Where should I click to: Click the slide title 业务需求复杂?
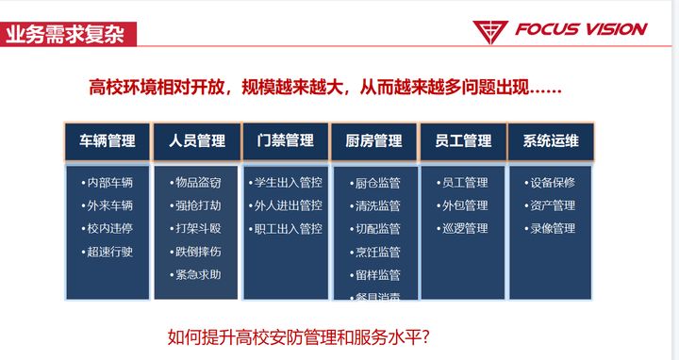[68, 36]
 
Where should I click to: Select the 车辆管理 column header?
[108, 141]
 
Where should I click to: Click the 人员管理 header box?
[197, 141]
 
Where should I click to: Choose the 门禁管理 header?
[285, 141]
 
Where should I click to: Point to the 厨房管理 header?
[373, 141]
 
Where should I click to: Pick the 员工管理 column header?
[462, 141]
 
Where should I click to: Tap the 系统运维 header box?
[551, 141]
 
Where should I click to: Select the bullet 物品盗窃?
[197, 183]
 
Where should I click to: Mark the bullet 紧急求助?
[197, 274]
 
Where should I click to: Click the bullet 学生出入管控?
[286, 183]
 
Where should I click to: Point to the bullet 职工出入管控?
[286, 228]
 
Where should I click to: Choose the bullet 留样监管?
[375, 275]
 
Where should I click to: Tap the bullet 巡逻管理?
[463, 228]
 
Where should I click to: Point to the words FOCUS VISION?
[580, 29]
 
